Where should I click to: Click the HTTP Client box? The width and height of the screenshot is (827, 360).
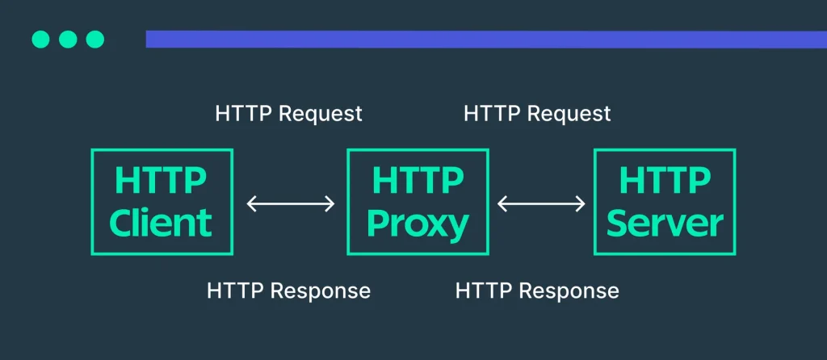pos(162,202)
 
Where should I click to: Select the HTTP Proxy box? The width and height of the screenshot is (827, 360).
pos(418,202)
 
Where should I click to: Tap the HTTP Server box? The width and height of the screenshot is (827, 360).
pos(665,202)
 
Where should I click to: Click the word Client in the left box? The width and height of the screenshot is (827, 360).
pos(161,223)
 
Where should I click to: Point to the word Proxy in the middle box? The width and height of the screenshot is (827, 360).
pos(418,224)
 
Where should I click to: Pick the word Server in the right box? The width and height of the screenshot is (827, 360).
pos(665,223)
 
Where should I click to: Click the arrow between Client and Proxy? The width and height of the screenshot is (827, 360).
pos(291,203)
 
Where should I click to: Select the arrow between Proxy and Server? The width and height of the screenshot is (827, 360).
pos(541,203)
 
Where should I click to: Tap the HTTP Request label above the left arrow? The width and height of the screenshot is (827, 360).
pos(289,114)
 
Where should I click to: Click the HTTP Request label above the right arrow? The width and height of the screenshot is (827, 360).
pos(537,114)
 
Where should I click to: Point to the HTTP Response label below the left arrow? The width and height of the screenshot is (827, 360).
pos(289,291)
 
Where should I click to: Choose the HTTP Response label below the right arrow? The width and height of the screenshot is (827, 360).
pos(537,291)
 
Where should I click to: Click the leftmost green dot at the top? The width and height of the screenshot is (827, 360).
pos(40,40)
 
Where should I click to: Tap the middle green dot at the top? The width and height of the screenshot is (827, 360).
pos(68,40)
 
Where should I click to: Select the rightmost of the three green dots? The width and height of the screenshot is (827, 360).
pos(95,40)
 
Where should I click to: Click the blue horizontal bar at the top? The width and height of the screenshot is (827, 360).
pos(486,40)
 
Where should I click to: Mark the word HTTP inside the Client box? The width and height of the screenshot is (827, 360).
pos(161,180)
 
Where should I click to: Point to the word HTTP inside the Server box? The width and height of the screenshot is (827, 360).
pos(665,180)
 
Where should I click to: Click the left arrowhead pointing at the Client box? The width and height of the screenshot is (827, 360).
pos(252,203)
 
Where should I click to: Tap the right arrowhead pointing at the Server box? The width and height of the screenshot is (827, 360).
pos(580,203)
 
